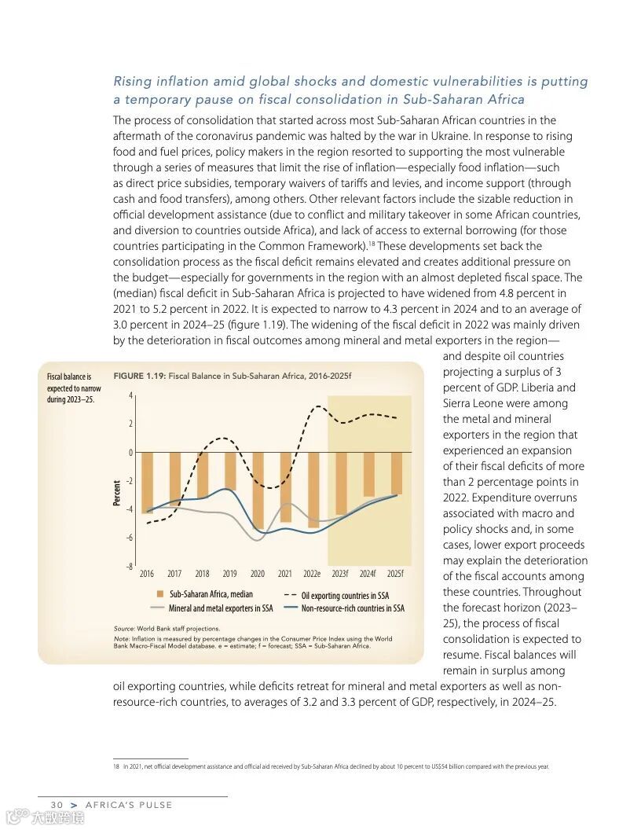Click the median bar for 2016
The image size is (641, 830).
click(x=147, y=482)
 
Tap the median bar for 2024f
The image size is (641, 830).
click(x=368, y=474)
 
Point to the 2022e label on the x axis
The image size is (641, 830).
click(x=312, y=574)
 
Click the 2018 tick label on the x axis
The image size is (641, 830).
click(x=202, y=574)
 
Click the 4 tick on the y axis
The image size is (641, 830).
click(x=130, y=395)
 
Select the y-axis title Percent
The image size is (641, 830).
click(x=117, y=493)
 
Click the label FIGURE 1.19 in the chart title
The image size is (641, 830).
click(x=139, y=376)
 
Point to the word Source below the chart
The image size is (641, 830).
click(x=124, y=629)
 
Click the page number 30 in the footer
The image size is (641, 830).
click(x=57, y=805)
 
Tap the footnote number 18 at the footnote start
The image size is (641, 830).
click(x=115, y=766)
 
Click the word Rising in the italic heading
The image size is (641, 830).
click(x=134, y=82)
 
